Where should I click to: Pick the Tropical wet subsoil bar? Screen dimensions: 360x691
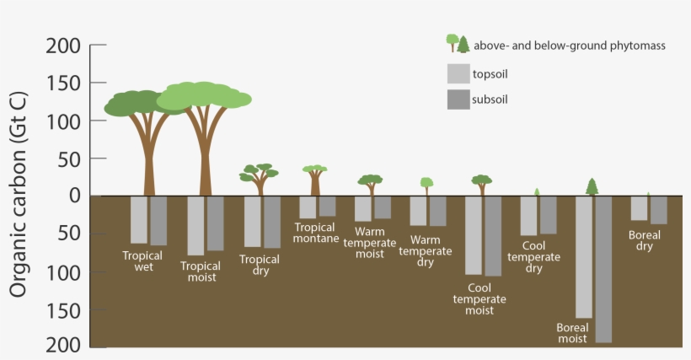pos(158,220)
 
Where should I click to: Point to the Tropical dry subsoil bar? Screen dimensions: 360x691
pos(272,222)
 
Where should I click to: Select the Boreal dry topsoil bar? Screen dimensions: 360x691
pos(639,208)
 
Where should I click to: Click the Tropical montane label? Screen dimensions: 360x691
pos(316,233)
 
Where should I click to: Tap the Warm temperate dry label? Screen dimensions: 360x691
pos(426,250)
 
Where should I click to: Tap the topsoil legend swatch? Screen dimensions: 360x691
pos(458,73)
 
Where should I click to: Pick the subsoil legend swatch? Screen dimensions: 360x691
pos(458,99)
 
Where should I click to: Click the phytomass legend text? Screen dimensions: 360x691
pos(570,46)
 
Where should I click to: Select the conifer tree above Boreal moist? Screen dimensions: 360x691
pos(592,187)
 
